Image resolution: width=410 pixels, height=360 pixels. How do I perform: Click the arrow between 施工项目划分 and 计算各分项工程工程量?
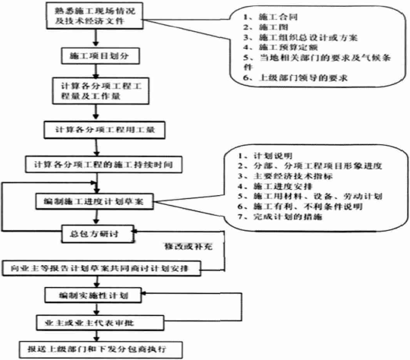click(x=94, y=71)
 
